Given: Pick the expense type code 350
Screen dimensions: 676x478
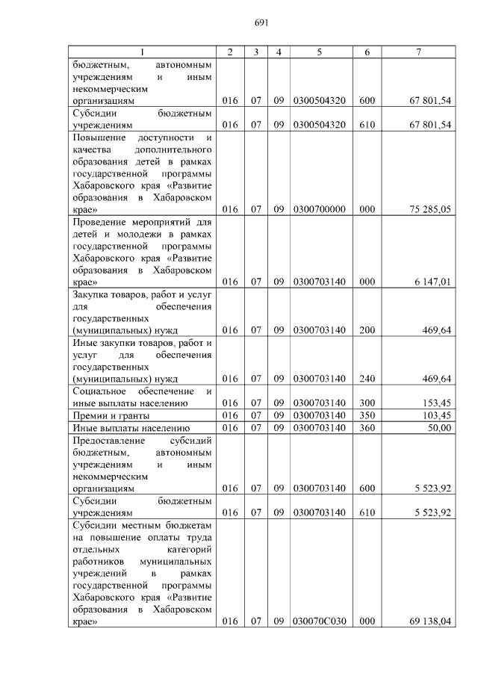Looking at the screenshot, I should click(367, 415).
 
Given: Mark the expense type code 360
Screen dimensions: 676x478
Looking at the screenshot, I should click(367, 428).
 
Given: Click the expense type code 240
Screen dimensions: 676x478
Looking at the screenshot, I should click(367, 379).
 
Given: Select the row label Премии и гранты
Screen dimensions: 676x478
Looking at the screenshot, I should click(111, 415).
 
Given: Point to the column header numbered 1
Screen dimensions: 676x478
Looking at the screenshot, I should click(143, 52).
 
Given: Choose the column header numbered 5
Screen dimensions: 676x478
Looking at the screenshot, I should click(320, 52).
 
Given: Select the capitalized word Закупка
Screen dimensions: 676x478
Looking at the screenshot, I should click(90, 295).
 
